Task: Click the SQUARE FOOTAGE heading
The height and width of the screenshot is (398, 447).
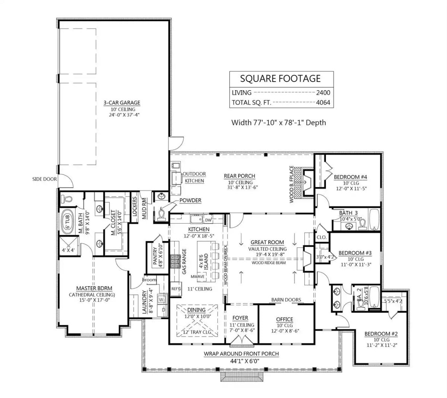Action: [280, 78]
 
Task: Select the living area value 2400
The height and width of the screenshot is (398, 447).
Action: [323, 93]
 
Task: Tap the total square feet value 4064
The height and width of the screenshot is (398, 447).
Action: [323, 103]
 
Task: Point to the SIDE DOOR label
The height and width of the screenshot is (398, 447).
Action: [44, 179]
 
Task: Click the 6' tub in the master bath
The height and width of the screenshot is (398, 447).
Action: [68, 223]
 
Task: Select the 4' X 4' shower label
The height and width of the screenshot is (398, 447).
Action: [69, 250]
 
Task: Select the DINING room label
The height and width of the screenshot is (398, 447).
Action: [196, 310]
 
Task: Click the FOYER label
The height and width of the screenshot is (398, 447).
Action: [240, 318]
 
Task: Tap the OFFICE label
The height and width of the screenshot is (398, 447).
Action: [285, 319]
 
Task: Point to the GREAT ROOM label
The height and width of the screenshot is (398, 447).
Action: [267, 242]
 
